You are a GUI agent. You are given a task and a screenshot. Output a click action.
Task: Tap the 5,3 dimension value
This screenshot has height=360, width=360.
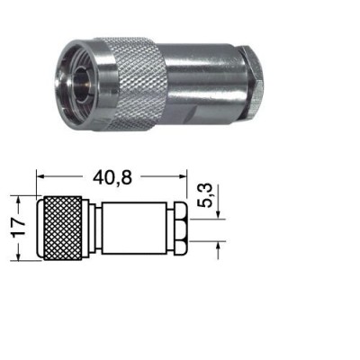tap(205, 195)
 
